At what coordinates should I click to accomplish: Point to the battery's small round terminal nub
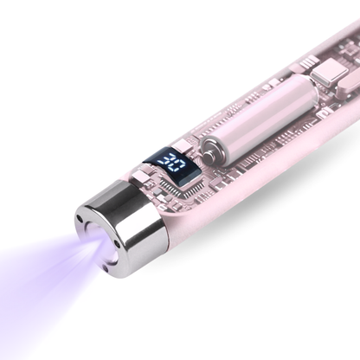click(x=209, y=151)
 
